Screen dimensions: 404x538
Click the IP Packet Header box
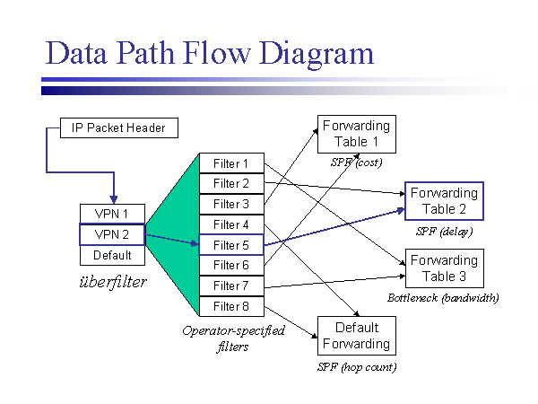coord(118,127)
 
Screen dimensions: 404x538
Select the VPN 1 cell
coord(112,214)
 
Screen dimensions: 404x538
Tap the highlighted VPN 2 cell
coord(112,234)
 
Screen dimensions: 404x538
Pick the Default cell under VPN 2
coord(112,255)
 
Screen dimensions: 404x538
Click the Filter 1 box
coord(231,163)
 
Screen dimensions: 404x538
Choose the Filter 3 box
coord(231,204)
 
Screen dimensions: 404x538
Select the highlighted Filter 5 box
coord(231,245)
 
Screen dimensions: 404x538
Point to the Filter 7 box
coord(231,285)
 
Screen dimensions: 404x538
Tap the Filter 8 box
coord(231,306)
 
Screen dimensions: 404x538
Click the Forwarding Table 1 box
coord(356,134)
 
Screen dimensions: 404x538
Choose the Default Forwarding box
coord(356,336)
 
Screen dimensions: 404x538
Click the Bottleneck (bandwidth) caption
coord(443,297)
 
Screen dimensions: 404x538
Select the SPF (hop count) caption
coord(356,366)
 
